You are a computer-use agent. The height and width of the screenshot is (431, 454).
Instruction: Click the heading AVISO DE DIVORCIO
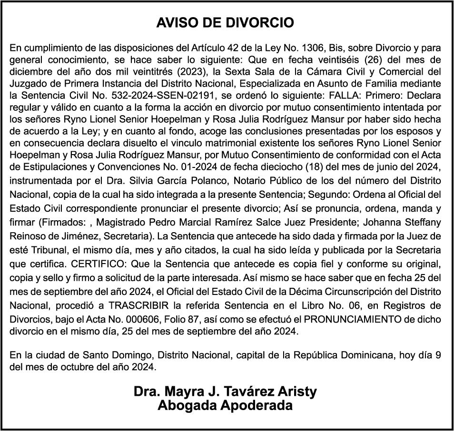point(225,23)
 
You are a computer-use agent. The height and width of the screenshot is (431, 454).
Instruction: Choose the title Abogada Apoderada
point(225,406)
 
